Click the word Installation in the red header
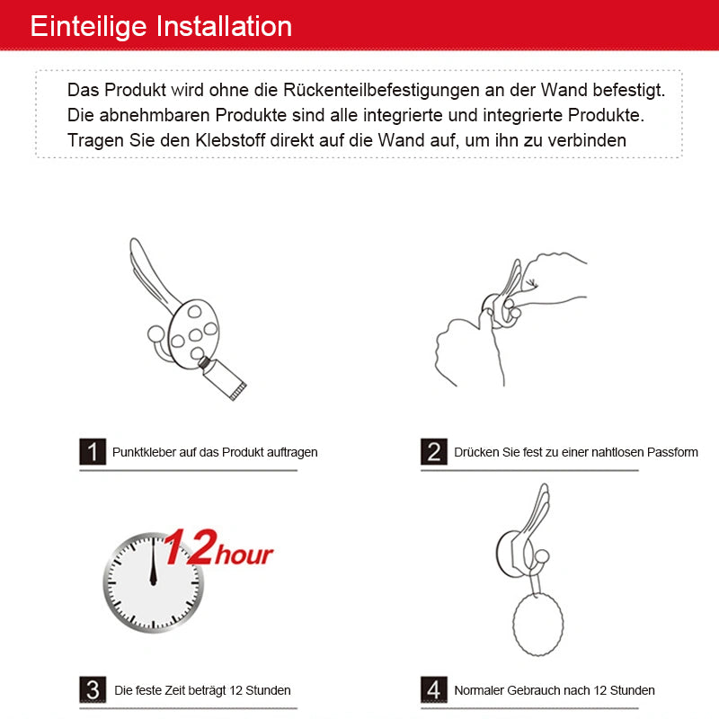224,26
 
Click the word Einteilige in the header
88,27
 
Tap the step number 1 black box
93,452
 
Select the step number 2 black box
434,452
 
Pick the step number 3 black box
93,689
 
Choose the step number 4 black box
434,689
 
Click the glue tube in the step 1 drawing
223,377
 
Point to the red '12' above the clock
190,546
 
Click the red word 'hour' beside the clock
244,554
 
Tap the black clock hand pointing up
153,561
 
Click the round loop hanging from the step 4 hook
537,624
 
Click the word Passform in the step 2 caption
672,452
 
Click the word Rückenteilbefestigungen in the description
381,91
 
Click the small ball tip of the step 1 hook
155,334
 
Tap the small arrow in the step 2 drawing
531,283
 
